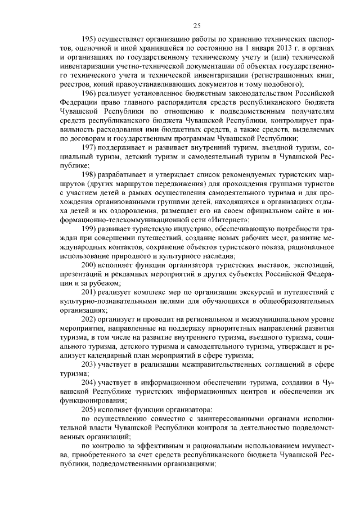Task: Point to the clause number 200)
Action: click(88, 265)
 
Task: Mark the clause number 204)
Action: click(88, 382)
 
